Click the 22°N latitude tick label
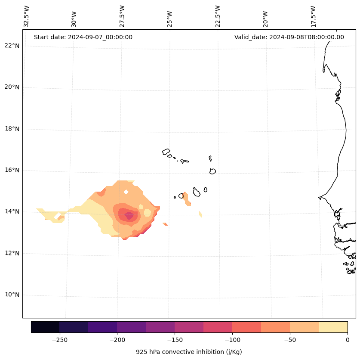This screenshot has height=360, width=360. click(12, 46)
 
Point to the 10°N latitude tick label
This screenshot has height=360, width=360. click(12, 295)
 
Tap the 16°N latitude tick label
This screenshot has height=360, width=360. click(12, 170)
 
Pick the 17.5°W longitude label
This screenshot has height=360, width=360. click(313, 16)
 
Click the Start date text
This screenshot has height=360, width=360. click(83, 37)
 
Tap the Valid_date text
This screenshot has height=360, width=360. click(289, 37)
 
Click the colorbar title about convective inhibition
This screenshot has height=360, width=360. click(189, 352)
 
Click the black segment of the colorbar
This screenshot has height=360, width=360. click(45, 327)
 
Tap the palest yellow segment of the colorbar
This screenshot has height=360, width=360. click(333, 327)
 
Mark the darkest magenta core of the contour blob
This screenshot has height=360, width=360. click(129, 215)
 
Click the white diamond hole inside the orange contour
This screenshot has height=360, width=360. click(126, 192)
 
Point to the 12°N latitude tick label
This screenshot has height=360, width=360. click(12, 253)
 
